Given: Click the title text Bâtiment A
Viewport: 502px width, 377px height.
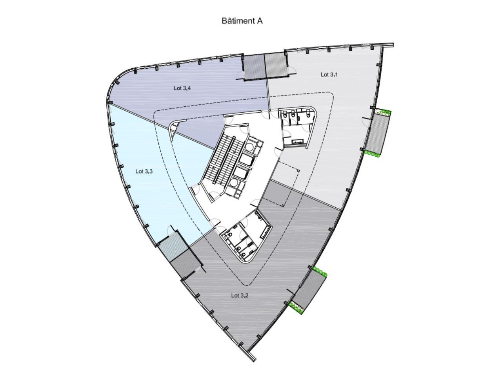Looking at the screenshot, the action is tap(242, 21).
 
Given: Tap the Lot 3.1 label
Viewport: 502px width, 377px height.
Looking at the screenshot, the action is tap(329, 74).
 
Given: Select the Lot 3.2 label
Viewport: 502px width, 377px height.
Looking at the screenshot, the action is tap(240, 295).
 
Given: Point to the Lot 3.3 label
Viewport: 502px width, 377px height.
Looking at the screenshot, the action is tap(144, 171).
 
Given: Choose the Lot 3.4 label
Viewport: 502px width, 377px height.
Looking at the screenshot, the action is tap(182, 88).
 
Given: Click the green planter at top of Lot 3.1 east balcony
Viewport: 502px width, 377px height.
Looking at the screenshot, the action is tap(382, 112).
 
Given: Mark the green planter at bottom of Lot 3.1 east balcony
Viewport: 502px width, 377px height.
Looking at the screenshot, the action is tap(372, 154).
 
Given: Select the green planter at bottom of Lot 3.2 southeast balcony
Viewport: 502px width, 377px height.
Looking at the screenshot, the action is tap(296, 308).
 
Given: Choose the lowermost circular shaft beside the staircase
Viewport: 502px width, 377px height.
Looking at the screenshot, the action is tap(234, 183).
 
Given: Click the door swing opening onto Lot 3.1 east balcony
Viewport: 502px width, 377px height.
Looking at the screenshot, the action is tap(366, 122).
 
